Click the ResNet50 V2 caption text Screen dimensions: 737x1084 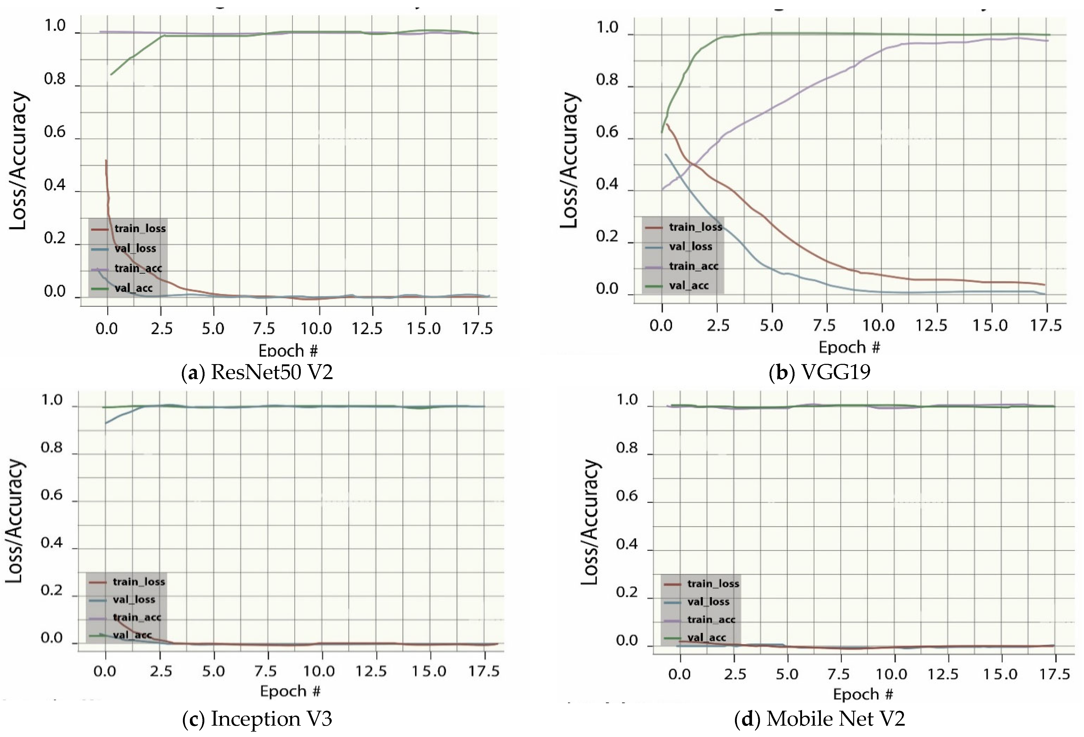[257, 372]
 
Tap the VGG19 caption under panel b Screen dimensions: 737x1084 [820, 372]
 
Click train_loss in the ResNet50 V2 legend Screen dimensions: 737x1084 [140, 228]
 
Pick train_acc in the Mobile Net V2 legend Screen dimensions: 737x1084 [711, 619]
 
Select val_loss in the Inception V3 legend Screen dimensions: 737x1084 [134, 600]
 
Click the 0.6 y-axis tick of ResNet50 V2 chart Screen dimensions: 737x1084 [55, 132]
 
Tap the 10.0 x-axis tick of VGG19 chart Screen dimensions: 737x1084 [879, 325]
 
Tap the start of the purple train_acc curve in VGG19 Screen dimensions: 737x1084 [662, 189]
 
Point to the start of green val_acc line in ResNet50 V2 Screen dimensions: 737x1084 [111, 74]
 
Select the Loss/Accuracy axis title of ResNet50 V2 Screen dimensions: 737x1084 [19, 161]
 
